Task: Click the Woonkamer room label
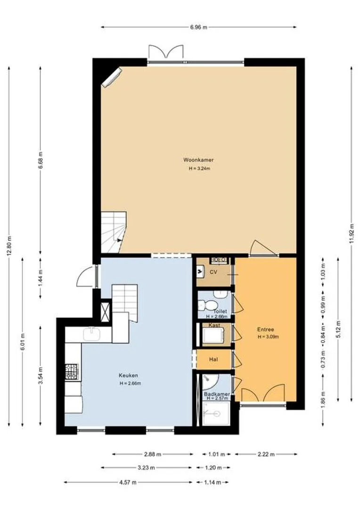point(198,160)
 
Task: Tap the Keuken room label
point(128,375)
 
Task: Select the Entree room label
point(266,329)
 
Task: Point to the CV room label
point(213,272)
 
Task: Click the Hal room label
point(213,359)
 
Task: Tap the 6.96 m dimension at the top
point(198,27)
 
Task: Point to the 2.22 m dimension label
point(266,454)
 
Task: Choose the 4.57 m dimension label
point(128,482)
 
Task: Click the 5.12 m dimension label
point(338,329)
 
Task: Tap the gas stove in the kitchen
point(72,371)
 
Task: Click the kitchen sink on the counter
point(92,334)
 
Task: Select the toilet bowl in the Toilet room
point(207,305)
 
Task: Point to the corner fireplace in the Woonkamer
point(111,77)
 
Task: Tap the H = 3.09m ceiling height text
point(268,337)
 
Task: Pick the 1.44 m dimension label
point(40,278)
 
